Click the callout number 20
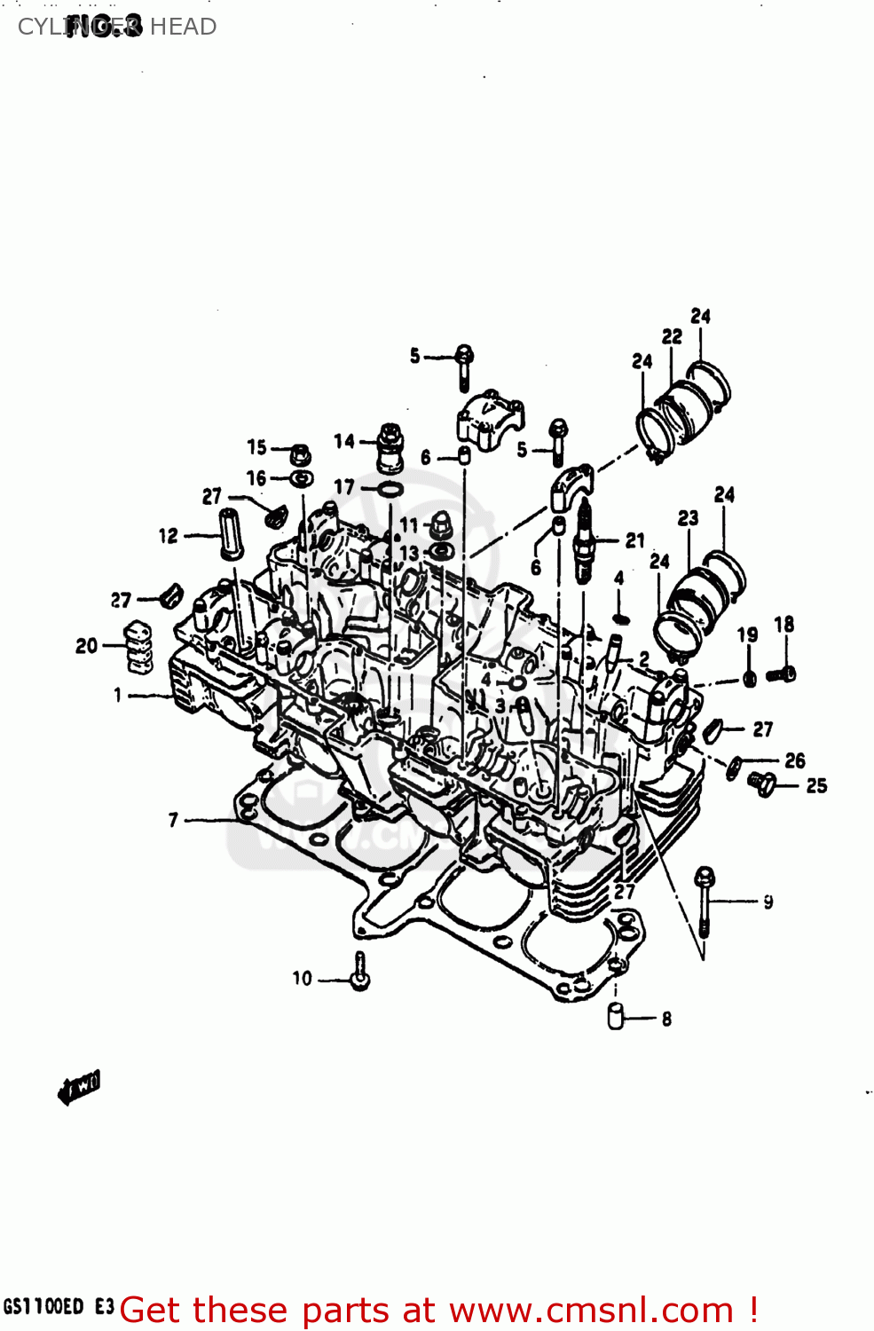pos(86,646)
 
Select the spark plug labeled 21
pos(584,541)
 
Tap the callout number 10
pos(303,979)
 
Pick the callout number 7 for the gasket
pos(173,820)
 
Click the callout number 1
pos(117,695)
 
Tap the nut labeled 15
pos(300,454)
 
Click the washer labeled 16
pos(303,479)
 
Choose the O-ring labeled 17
pos(390,490)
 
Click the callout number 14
pos(343,441)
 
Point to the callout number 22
pos(672,336)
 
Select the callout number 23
pos(688,517)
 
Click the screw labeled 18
pos(782,674)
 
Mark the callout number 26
pos(794,760)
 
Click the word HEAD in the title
pos(183,27)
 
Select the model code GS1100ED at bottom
pos(43,1307)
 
